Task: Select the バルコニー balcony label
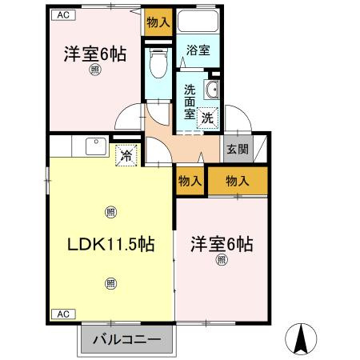[125, 339]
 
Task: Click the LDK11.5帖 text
[109, 245]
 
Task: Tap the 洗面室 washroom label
[190, 101]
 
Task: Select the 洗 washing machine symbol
[207, 116]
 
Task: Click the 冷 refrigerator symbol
[126, 155]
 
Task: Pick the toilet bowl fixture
[158, 61]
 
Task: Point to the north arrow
[302, 338]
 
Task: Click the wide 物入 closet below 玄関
[238, 181]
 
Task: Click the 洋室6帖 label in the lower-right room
[222, 243]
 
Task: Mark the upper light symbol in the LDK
[110, 212]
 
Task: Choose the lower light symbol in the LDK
[110, 282]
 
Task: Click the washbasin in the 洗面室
[214, 89]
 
